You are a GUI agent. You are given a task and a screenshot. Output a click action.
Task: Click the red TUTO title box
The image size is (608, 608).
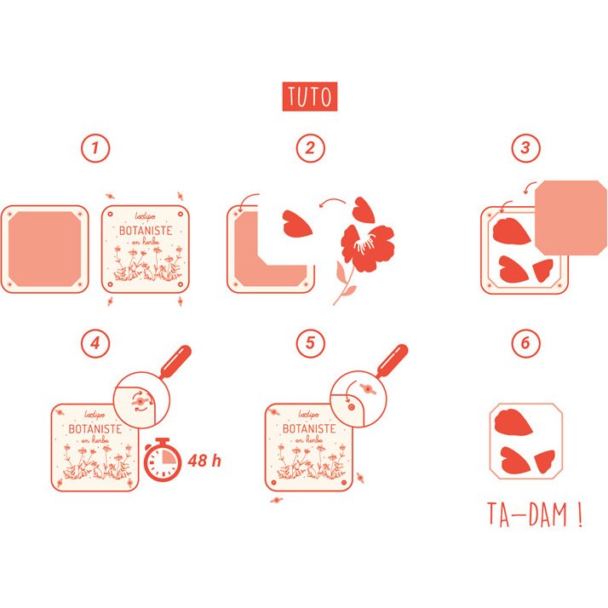coord(310,96)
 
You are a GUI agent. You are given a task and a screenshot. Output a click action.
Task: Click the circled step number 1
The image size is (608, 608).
coord(95,148)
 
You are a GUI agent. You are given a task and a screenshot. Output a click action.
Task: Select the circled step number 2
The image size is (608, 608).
coord(310,148)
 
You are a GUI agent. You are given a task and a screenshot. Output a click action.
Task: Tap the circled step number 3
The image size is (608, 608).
coord(525,147)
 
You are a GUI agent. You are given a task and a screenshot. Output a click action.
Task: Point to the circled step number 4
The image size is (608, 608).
coord(95,343)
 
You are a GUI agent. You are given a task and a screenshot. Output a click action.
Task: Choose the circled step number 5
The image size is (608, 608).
coord(310,343)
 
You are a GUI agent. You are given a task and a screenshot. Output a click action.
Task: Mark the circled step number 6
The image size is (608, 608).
coord(525,343)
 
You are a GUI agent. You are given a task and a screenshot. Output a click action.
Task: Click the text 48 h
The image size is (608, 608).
coord(204,461)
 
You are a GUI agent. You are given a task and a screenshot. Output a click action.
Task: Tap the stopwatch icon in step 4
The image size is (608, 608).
coord(163,460)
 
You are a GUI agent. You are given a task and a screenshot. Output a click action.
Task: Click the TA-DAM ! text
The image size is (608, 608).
coord(535,514)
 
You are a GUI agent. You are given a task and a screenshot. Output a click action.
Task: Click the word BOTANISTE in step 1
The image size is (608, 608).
coord(146,231)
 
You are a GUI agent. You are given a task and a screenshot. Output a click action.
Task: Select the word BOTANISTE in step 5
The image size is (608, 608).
coord(309,429)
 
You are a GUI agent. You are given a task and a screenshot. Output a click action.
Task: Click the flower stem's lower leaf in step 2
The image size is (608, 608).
coord(350,290)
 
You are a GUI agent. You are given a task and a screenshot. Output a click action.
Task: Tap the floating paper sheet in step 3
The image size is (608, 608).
coord(571,217)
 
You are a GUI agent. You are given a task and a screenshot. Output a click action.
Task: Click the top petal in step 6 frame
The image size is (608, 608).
coord(513,422)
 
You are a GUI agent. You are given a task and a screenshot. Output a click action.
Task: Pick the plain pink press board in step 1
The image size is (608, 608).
coord(45,249)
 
